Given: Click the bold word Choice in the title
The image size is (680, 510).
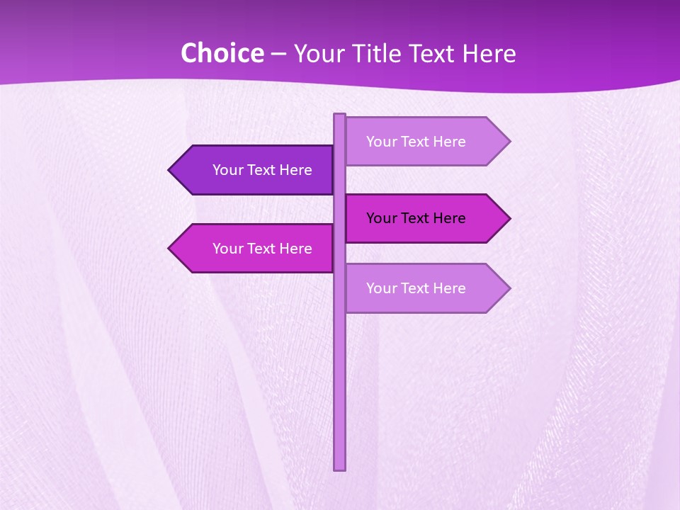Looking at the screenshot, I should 222,54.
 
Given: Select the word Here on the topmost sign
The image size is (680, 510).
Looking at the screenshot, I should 447,142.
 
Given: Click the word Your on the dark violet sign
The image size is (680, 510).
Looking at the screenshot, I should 228,170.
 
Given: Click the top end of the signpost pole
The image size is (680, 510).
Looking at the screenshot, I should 340,115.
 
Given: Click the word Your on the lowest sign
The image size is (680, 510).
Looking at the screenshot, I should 382,288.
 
